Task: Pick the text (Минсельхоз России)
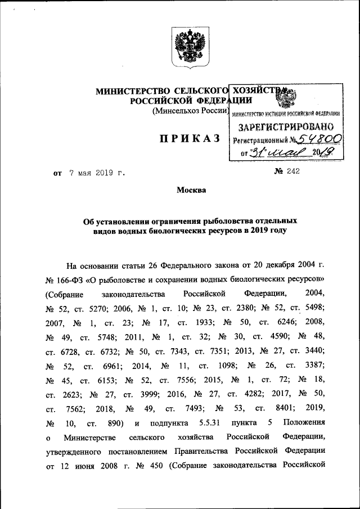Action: pos(189,111)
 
